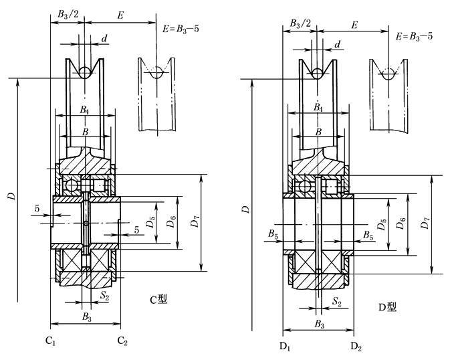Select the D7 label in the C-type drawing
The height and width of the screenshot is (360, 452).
pos(194,222)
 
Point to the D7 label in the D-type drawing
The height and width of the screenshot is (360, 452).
pos(425,225)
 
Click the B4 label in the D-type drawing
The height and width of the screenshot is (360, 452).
pos(318,108)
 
